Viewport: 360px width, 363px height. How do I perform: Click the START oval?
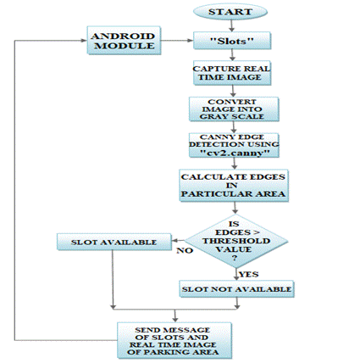pyautogui.click(x=230, y=12)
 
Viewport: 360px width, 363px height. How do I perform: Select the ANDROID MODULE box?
pyautogui.click(x=124, y=41)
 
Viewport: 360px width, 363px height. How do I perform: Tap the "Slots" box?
pyautogui.click(x=232, y=41)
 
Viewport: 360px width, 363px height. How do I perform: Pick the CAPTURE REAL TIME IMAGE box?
pyautogui.click(x=232, y=73)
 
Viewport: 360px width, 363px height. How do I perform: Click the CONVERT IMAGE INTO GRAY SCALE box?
pyautogui.click(x=234, y=109)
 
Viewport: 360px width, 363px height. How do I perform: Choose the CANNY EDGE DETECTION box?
pyautogui.click(x=234, y=145)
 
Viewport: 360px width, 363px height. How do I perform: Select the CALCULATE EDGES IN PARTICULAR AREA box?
pyautogui.click(x=234, y=186)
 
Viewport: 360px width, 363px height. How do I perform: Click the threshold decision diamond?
pyautogui.click(x=236, y=241)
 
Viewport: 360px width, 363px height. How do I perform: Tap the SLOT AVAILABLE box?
pyautogui.click(x=114, y=242)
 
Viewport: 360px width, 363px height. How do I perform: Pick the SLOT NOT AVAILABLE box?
pyautogui.click(x=236, y=289)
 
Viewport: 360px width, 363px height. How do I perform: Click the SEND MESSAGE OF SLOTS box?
pyautogui.click(x=174, y=341)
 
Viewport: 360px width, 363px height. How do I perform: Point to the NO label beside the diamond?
pyautogui.click(x=185, y=251)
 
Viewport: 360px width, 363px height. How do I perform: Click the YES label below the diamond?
pyautogui.click(x=249, y=275)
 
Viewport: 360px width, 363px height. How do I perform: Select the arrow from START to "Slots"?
pyautogui.click(x=231, y=26)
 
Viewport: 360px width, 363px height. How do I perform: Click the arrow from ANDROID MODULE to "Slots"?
pyautogui.click(x=177, y=41)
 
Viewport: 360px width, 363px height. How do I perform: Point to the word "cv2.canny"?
pyautogui.click(x=234, y=154)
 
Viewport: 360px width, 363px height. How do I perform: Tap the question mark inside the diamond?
pyautogui.click(x=235, y=258)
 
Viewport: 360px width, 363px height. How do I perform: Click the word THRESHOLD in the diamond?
pyautogui.click(x=236, y=241)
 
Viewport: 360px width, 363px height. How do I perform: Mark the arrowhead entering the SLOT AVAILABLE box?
pyautogui.click(x=174, y=241)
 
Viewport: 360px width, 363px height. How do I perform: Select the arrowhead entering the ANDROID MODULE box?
pyautogui.click(x=84, y=41)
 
